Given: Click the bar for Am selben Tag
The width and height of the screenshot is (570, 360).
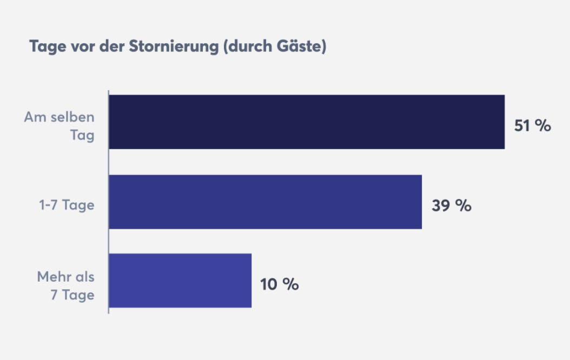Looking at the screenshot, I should click(x=307, y=122).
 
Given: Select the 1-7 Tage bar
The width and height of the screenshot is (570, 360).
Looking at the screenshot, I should click(x=265, y=202).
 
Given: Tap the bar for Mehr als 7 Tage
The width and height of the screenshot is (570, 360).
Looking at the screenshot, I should click(x=180, y=281).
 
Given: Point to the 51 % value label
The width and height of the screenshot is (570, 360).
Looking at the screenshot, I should click(x=532, y=125).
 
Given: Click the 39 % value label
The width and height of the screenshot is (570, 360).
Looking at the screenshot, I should click(x=451, y=205).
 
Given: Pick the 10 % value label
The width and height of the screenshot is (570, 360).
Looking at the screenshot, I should click(x=279, y=284).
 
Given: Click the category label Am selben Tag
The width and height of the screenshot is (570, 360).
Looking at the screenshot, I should click(x=59, y=126).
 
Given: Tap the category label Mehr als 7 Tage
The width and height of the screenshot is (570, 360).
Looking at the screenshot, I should click(x=66, y=285).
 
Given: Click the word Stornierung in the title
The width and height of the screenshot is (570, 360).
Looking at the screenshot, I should click(x=173, y=46).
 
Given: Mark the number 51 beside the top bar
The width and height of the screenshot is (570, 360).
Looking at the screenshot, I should click(x=522, y=125).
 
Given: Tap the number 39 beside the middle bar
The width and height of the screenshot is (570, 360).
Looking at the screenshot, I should click(x=441, y=205).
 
